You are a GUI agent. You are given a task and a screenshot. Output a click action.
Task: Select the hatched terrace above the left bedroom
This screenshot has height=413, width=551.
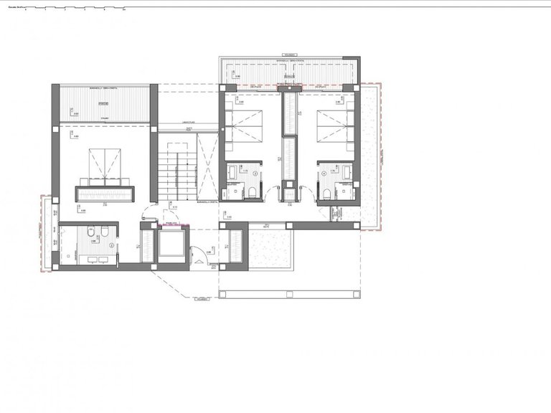pyautogui.click(x=104, y=105)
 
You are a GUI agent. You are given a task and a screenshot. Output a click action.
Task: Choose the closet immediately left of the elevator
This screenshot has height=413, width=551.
pyautogui.click(x=146, y=246)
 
